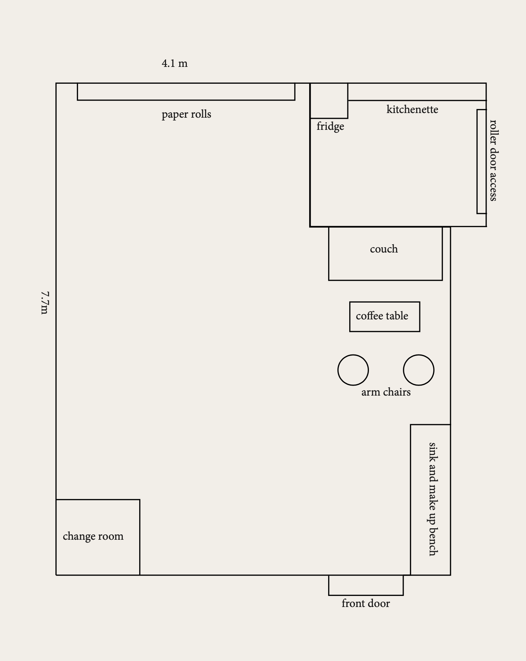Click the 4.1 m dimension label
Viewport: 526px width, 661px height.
[175, 63]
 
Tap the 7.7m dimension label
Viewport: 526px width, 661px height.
[44, 303]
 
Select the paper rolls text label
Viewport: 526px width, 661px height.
[186, 114]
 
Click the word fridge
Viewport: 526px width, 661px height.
[330, 126]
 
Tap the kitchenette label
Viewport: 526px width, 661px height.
[412, 109]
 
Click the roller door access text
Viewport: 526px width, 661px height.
[493, 160]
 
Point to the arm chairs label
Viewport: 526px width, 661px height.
[386, 392]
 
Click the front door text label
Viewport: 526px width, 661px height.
[366, 603]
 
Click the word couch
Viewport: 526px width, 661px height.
[384, 249]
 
